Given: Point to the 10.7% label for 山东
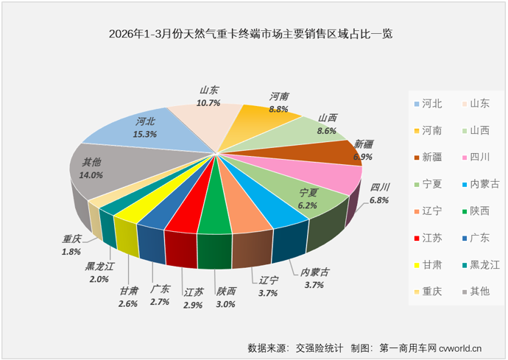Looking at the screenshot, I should (209, 103).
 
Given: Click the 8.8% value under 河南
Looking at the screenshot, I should (278, 108).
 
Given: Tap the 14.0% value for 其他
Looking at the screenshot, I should (91, 175).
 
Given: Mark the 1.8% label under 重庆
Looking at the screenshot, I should (71, 252).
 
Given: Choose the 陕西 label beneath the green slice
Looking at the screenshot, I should (226, 291).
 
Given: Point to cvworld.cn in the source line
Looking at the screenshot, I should (460, 347).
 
